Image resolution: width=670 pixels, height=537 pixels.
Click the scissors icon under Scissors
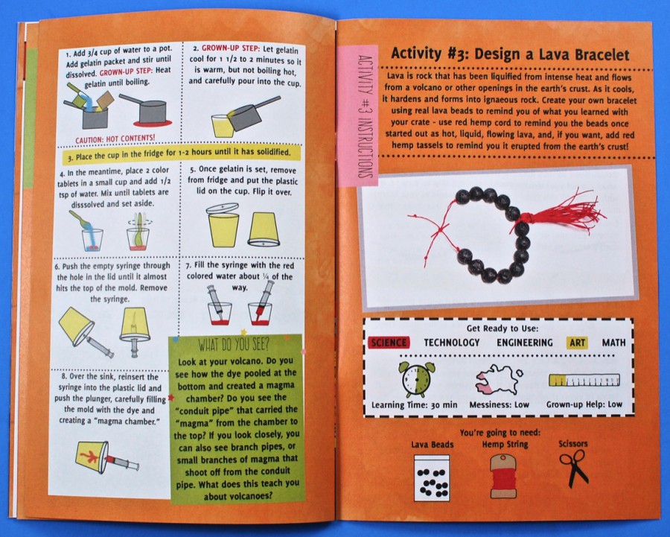click(573, 468)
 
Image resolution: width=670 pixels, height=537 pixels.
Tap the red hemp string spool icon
click(503, 475)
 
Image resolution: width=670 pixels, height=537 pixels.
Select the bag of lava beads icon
click(432, 477)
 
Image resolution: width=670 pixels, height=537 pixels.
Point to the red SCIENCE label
click(389, 343)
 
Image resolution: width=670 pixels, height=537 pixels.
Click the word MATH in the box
click(613, 343)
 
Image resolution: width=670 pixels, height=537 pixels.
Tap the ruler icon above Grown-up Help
click(584, 380)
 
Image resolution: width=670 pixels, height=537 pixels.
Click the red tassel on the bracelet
click(564, 209)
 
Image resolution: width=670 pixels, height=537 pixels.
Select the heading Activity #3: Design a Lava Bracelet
click(510, 54)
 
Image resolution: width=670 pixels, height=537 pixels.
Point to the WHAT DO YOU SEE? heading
click(233, 344)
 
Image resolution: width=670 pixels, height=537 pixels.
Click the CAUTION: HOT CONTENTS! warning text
click(115, 139)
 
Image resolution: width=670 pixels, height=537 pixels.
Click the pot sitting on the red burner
click(147, 109)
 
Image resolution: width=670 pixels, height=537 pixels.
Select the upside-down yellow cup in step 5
click(264, 230)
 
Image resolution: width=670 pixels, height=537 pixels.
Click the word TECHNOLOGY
click(452, 343)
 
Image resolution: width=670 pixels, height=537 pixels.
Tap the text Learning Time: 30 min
click(414, 405)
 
